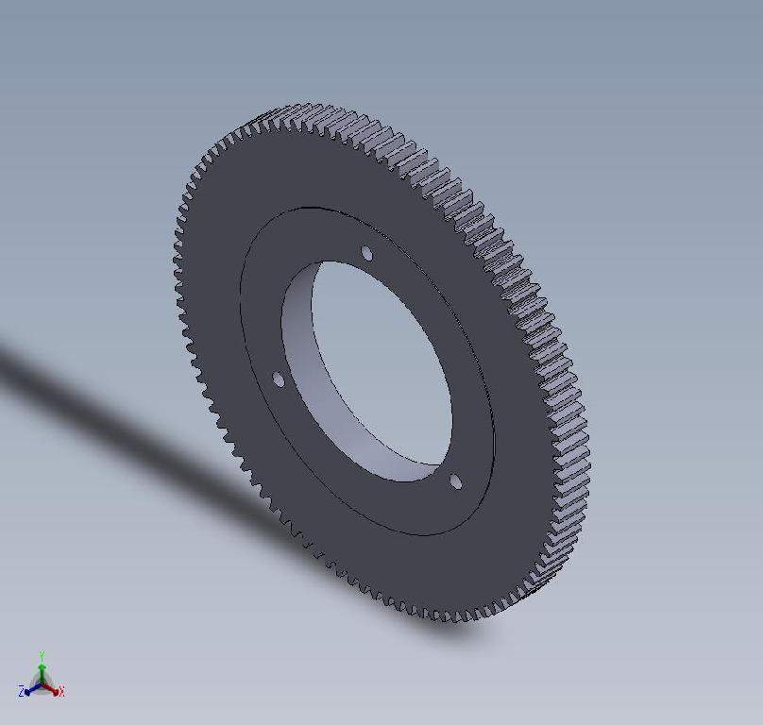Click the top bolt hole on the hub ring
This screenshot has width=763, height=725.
pyautogui.click(x=366, y=253)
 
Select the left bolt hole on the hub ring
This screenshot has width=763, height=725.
pyautogui.click(x=278, y=379)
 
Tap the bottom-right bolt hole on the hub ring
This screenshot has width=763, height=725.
pyautogui.click(x=455, y=482)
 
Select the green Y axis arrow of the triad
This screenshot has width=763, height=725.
pyautogui.click(x=42, y=669)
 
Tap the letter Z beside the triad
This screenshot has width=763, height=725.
pyautogui.click(x=21, y=692)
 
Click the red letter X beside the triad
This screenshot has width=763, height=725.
pyautogui.click(x=61, y=692)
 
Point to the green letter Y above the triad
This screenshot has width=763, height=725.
pyautogui.click(x=42, y=655)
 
